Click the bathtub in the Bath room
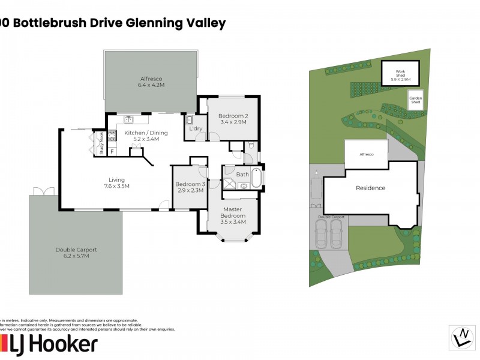(x=257, y=179)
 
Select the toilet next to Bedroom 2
(x=251, y=146)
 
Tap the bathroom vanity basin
(x=244, y=186)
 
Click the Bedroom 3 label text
(x=190, y=184)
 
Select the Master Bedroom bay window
(x=235, y=239)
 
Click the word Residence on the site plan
(x=370, y=188)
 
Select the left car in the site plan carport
(x=321, y=234)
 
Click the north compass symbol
(x=462, y=337)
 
